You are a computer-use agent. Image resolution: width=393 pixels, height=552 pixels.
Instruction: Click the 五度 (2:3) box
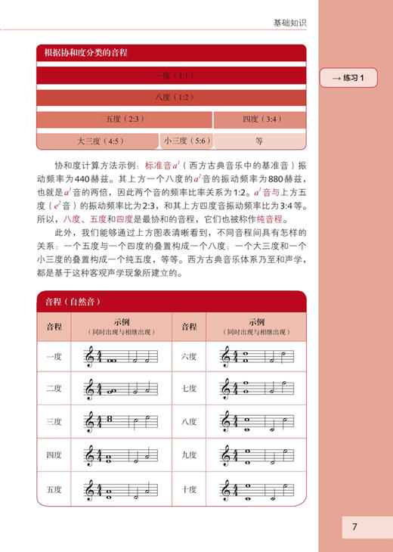124,119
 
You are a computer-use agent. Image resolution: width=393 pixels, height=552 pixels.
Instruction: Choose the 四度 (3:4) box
258,119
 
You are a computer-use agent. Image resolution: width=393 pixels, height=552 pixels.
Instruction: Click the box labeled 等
258,141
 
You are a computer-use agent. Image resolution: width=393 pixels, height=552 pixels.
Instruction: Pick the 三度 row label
54,422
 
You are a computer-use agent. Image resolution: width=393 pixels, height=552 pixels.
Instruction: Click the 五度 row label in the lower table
54,488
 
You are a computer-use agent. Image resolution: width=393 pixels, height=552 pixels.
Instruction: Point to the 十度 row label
189,488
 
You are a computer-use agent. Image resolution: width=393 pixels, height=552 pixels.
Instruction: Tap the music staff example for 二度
121,389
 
